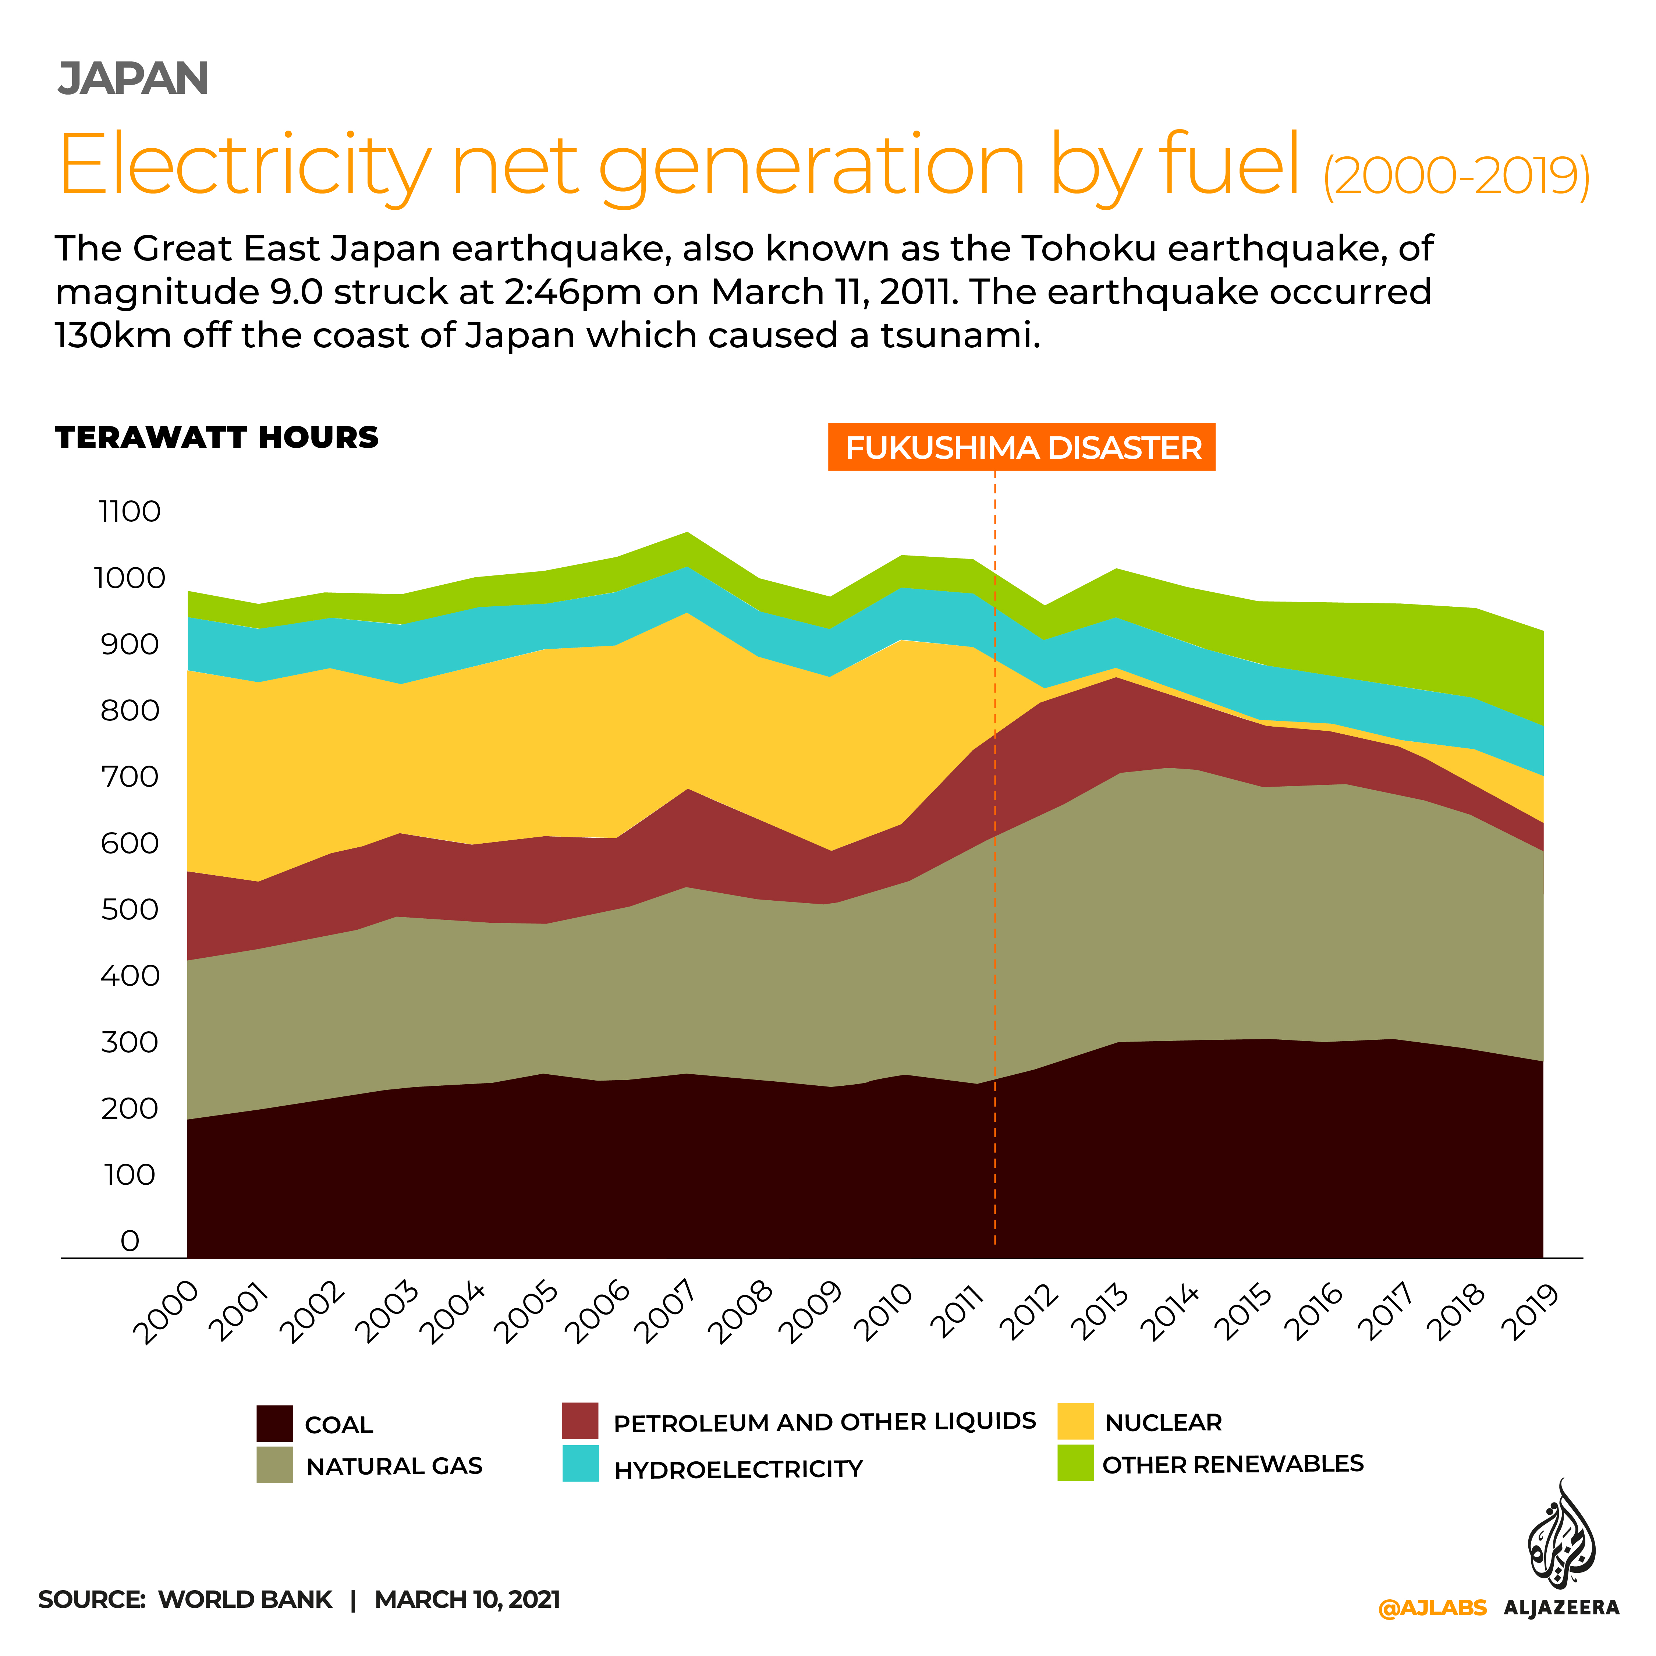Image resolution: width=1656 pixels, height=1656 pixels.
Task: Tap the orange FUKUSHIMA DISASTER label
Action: click(1022, 447)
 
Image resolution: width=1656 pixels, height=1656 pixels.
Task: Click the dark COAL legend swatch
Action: click(274, 1424)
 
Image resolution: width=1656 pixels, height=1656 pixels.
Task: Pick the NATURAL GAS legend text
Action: click(394, 1467)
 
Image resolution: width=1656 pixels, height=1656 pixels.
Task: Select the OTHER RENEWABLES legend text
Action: click(1233, 1464)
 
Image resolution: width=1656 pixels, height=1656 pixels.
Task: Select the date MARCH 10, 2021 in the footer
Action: click(467, 1599)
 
